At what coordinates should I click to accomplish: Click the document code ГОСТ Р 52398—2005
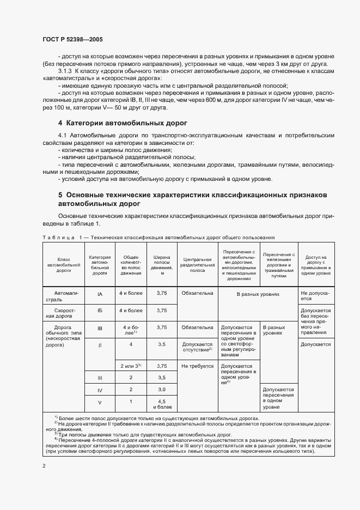pos(72,40)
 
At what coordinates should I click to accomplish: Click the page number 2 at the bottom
pos(44,466)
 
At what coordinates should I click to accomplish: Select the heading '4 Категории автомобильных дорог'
pos(123,123)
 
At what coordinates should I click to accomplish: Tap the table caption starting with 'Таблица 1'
pos(158,238)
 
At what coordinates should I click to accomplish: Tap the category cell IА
pos(100,294)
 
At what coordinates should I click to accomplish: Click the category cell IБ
pos(100,311)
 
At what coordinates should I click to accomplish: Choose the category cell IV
pos(100,390)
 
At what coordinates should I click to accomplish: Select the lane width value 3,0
pos(161,390)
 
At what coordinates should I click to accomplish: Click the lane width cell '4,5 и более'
pos(162,404)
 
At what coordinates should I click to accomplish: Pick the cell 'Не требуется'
pos(198,366)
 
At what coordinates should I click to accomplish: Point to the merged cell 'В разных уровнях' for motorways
pos(258,294)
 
